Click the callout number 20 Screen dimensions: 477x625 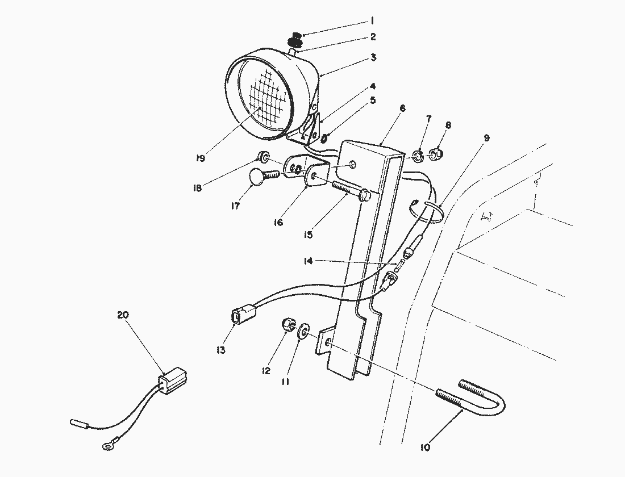[123, 315]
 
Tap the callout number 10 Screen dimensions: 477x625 [426, 447]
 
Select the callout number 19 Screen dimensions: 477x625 [200, 159]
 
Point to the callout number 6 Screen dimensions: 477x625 [402, 108]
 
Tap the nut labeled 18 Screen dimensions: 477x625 [263, 156]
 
